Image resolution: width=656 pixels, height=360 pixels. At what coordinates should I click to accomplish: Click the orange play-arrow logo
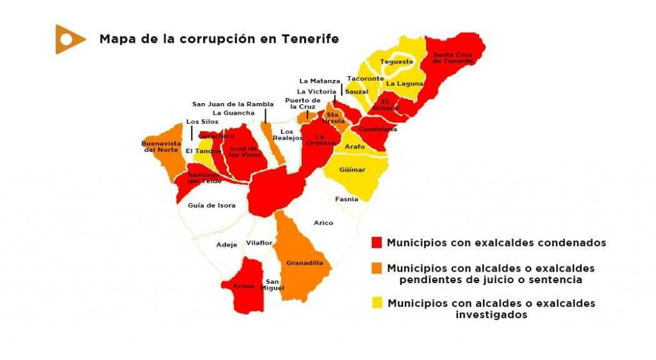coord(69,39)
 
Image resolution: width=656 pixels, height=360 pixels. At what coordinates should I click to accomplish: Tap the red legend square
coord(377,243)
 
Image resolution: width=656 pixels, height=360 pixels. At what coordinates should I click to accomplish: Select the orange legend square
coord(377,268)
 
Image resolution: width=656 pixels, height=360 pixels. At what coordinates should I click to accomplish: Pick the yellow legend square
coord(377,303)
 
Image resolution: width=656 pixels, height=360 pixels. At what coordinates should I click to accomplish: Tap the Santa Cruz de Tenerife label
coord(453,58)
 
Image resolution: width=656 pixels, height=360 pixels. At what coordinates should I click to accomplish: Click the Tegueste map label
coord(396,61)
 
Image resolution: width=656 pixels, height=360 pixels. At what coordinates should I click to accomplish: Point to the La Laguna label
coord(404,83)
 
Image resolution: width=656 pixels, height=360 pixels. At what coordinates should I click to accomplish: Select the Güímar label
coord(352,170)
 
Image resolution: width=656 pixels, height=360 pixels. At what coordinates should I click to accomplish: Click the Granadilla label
coord(304,263)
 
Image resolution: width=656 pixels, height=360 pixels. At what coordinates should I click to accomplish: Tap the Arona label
coord(243,286)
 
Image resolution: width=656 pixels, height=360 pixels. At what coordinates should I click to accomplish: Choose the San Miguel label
coord(273,285)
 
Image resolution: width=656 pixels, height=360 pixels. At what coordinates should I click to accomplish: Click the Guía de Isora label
coord(211,206)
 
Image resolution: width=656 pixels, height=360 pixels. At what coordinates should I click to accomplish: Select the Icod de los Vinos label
coord(243,151)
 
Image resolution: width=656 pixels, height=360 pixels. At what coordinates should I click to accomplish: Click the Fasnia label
coord(347,199)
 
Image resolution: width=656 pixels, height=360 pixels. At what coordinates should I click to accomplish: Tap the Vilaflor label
coord(259,243)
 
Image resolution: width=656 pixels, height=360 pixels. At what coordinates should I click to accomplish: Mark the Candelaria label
coord(379,129)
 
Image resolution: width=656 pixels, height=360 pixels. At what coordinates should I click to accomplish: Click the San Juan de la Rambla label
coord(233,104)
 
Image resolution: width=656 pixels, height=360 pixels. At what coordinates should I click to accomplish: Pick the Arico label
coord(324,222)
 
